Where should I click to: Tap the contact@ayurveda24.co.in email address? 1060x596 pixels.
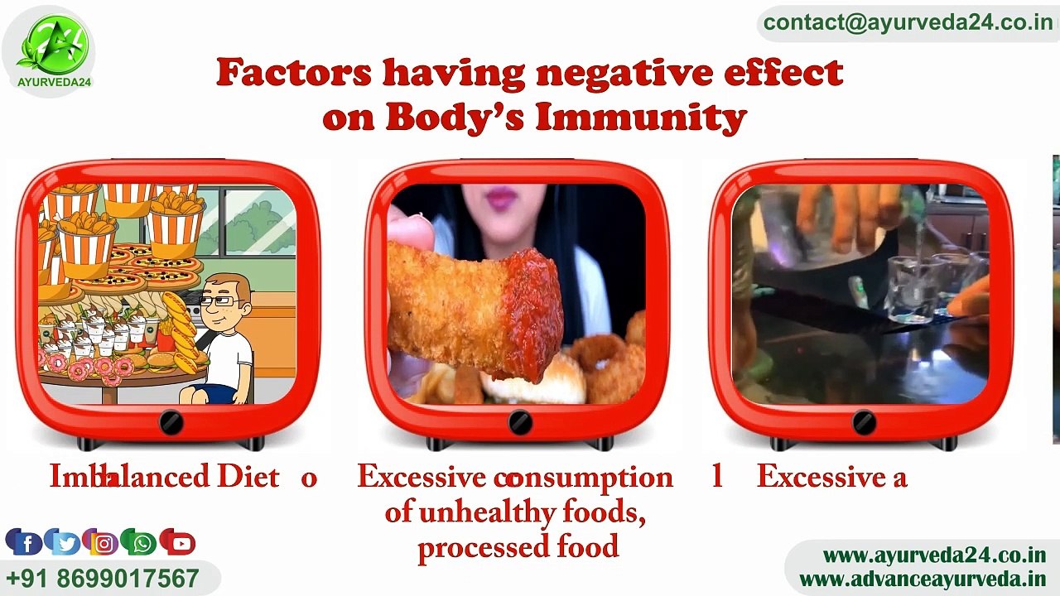click(907, 22)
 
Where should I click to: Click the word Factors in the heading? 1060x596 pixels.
click(293, 73)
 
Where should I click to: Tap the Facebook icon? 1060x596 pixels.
click(26, 542)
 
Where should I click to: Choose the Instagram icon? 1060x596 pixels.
click(104, 543)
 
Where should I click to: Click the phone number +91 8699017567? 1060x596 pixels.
click(103, 578)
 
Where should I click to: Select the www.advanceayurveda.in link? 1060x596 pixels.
click(922, 579)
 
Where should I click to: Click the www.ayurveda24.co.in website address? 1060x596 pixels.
click(934, 555)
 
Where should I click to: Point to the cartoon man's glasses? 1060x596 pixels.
click(219, 302)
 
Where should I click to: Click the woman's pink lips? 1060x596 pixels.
click(500, 197)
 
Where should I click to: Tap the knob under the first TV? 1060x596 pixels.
click(171, 422)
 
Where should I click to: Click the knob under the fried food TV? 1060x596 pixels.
click(520, 422)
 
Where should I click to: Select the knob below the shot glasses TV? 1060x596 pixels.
click(864, 422)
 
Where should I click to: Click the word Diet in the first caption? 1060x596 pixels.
click(248, 478)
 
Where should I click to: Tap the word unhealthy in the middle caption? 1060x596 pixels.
click(487, 512)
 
